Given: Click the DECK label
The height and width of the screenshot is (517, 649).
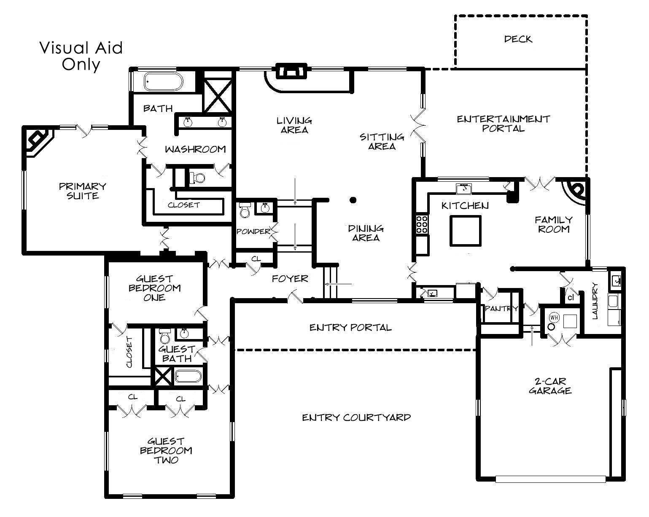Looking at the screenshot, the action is click(518, 39).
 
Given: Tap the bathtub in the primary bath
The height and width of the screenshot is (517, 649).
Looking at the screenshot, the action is click(164, 81).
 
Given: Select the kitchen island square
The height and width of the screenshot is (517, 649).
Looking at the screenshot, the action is click(465, 231).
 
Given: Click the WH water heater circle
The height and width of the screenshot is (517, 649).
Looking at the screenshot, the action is click(554, 317).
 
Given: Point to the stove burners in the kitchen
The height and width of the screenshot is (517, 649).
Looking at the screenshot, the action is click(422, 224).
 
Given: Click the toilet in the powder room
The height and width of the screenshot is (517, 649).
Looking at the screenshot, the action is click(245, 210).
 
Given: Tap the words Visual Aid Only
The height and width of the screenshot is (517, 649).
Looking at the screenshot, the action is click(81, 57).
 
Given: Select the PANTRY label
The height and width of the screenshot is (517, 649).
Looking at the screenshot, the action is click(501, 308).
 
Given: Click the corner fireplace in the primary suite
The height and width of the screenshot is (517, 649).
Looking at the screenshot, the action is click(38, 141).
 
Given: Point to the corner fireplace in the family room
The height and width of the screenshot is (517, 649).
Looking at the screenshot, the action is click(575, 191).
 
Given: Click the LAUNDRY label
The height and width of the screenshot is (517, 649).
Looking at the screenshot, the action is click(595, 300).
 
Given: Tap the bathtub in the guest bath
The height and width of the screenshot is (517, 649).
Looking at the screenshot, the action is click(188, 377).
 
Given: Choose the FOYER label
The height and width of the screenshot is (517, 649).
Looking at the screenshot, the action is click(290, 279).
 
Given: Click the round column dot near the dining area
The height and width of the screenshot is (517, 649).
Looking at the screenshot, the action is click(353, 200).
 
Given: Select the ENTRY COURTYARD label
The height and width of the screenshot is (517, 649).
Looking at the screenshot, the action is click(356, 417).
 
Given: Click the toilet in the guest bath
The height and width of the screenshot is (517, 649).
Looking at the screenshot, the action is click(164, 337).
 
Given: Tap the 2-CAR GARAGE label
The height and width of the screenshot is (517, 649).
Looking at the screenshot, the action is click(550, 386).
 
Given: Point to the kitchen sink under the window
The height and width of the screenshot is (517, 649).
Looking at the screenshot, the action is click(464, 188).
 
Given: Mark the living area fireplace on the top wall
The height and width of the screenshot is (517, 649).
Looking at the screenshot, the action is click(292, 72).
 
